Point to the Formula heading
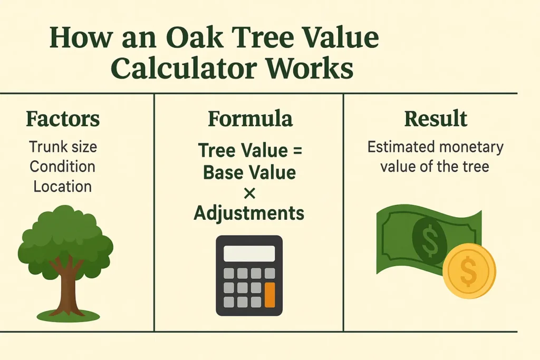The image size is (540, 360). point(249,119)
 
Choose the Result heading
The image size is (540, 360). point(436,119)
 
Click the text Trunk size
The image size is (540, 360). point(63,147)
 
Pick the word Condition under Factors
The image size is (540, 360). point(62,167)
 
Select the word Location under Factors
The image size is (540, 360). point(62,186)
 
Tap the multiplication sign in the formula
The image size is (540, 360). point(249,193)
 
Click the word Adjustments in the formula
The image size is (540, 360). point(249,213)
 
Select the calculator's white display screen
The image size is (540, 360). point(249,254)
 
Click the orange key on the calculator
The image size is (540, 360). point(270,295)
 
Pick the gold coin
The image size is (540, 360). point(469,271)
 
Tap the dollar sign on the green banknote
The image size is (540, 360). point(429,237)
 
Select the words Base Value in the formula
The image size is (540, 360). point(249,172)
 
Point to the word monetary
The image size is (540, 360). point(468,147)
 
